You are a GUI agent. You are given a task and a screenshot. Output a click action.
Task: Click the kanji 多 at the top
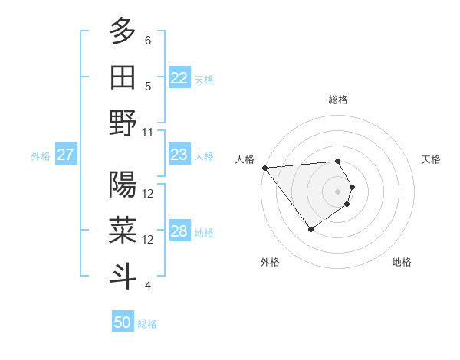[123, 31]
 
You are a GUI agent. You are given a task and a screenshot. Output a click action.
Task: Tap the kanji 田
[123, 76]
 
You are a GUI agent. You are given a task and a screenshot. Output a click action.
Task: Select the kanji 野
[123, 123]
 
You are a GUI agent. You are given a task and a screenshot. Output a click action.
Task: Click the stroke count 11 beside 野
[149, 133]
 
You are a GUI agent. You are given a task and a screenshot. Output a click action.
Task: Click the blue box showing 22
[179, 77]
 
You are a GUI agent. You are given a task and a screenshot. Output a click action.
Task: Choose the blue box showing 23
[179, 155]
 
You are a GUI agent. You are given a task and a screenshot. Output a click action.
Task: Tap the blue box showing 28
[179, 232]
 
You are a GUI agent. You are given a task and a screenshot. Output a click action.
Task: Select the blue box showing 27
[65, 155]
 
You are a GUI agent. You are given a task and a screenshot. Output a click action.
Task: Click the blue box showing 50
[122, 322]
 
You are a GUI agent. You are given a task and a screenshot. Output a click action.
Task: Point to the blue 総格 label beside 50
[147, 324]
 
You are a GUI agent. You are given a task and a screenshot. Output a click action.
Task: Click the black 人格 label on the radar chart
[246, 159]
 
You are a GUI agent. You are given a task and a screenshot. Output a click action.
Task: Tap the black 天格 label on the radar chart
[431, 159]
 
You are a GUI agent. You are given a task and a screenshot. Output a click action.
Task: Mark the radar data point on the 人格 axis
[264, 168]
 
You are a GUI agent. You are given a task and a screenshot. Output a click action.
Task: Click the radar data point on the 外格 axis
[310, 228]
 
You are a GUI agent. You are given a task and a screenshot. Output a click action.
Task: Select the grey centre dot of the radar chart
[337, 191]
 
